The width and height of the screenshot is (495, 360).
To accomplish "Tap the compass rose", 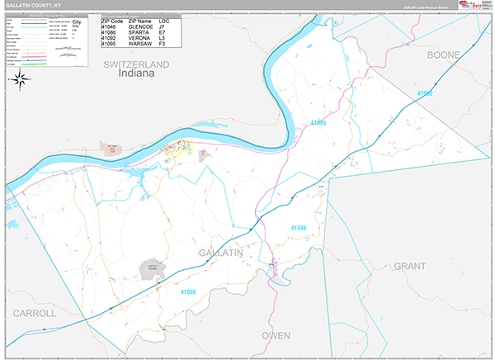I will pos(21,79).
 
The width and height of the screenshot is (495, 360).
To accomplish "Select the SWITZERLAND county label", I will pos(136,64).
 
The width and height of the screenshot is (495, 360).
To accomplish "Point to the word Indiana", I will pos(136,73).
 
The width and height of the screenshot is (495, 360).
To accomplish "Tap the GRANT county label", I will pos(409,267).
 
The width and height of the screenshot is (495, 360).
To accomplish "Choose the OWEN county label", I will pos(276,335).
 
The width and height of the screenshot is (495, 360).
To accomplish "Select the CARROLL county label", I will pos(34,314).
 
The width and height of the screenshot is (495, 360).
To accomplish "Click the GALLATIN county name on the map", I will pos(220,253).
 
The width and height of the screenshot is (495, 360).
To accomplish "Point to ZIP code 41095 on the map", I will pos(318,123).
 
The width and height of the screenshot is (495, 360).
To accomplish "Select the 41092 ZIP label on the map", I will pos(424,94).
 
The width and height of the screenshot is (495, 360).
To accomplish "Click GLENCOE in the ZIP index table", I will pos(142,26).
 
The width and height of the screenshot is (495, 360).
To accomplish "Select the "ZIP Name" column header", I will pos(143,20).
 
